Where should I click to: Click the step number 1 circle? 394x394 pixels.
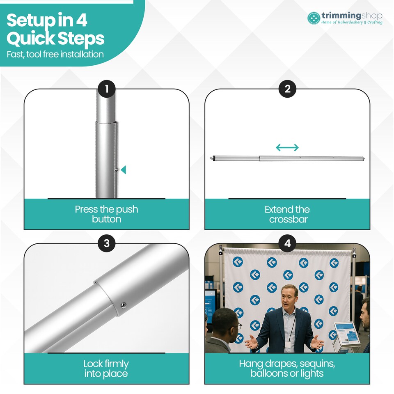click(107, 89)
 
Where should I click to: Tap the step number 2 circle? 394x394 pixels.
click(287, 89)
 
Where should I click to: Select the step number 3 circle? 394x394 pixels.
click(107, 243)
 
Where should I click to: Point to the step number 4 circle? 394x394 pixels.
click(287, 243)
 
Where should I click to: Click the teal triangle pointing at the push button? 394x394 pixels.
click(124, 170)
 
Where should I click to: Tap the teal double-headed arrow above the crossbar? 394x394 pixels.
click(287, 147)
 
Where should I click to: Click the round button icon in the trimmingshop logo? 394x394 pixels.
click(314, 18)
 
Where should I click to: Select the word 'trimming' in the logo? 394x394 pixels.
click(341, 16)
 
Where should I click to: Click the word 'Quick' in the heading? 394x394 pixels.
click(30, 39)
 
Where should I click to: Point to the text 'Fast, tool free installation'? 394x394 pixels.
click(55, 54)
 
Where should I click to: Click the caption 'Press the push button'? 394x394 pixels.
click(107, 214)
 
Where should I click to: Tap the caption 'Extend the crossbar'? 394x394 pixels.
click(287, 214)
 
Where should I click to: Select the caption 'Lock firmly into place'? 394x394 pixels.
click(106, 369)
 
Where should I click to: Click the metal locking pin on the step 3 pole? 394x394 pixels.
click(124, 305)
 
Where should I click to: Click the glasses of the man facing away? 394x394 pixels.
click(238, 326)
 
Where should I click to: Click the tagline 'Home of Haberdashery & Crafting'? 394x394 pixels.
click(352, 22)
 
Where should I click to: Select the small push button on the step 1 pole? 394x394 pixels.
click(117, 170)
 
